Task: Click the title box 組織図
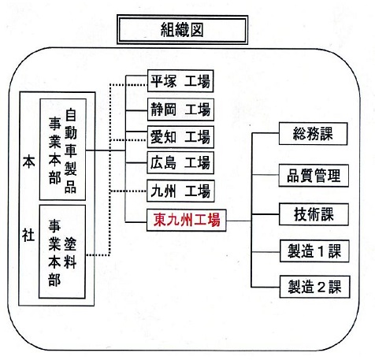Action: [182, 29]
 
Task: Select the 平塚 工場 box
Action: [180, 81]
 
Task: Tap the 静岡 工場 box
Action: [180, 109]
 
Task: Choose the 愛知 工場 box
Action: [180, 137]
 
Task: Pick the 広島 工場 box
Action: [180, 162]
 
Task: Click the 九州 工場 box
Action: [180, 191]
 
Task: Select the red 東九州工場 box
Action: [187, 220]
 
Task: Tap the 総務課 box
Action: [313, 133]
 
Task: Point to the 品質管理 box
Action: [314, 176]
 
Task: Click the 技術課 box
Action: [314, 214]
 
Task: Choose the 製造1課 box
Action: [314, 251]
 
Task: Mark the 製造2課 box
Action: [314, 287]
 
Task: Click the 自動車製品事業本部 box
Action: [63, 149]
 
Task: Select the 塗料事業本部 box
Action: [62, 251]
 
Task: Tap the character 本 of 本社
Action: [28, 161]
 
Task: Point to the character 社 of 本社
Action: [28, 235]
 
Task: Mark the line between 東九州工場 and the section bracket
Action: [239, 221]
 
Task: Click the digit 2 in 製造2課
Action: [321, 287]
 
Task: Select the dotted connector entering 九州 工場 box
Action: [128, 191]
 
